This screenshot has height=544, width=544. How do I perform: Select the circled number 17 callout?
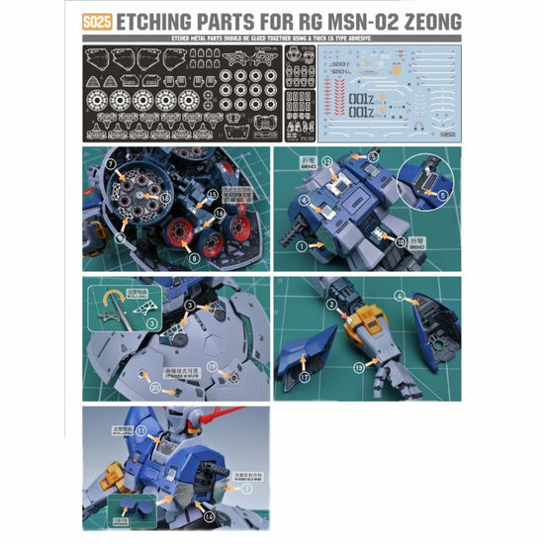coord(306,377)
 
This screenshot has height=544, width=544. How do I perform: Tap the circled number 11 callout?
coord(140,431)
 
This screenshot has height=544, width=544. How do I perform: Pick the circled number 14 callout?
coord(209,513)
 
